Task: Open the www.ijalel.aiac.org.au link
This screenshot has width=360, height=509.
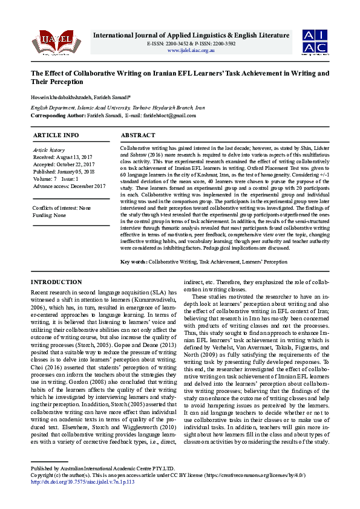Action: [x=191, y=50]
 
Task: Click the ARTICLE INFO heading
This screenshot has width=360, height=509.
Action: [x=56, y=135]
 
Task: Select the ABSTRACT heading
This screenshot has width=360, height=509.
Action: [x=139, y=135]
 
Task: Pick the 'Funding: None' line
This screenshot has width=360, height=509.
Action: [x=50, y=215]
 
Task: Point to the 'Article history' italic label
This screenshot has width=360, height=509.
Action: [x=48, y=149]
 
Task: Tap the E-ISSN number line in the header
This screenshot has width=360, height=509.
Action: [x=191, y=44]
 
